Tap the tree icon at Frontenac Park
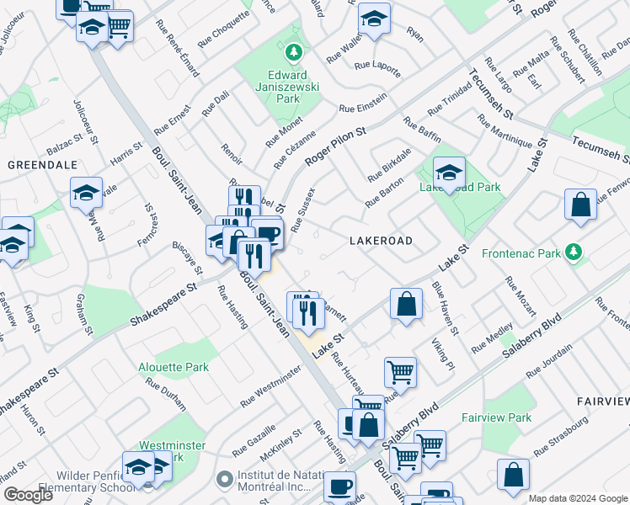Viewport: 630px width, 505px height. [574, 252]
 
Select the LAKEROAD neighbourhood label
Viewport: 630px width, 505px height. [381, 241]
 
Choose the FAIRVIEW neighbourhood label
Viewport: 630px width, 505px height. [603, 401]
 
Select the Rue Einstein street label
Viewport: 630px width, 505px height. [363, 104]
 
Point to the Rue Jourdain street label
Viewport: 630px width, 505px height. [549, 360]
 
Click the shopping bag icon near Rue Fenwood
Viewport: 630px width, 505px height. [581, 205]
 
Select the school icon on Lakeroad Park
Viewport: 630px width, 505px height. [450, 173]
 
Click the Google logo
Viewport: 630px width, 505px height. [28, 495]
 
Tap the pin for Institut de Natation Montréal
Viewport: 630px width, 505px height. [223, 481]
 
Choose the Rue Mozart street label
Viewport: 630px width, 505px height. [520, 297]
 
